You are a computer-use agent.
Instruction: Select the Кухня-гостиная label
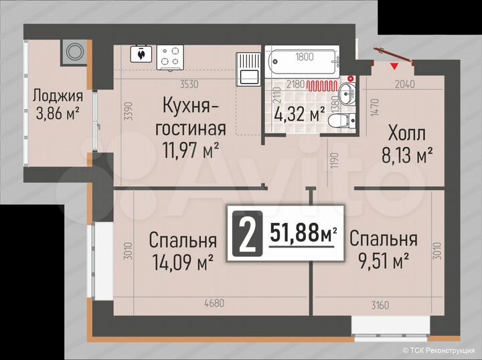pyautogui.click(x=194, y=116)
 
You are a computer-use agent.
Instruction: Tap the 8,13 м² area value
pyautogui.click(x=407, y=156)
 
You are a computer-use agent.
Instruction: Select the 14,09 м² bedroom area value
pyautogui.click(x=182, y=261)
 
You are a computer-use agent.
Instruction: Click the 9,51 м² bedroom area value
pyautogui.click(x=383, y=261)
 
